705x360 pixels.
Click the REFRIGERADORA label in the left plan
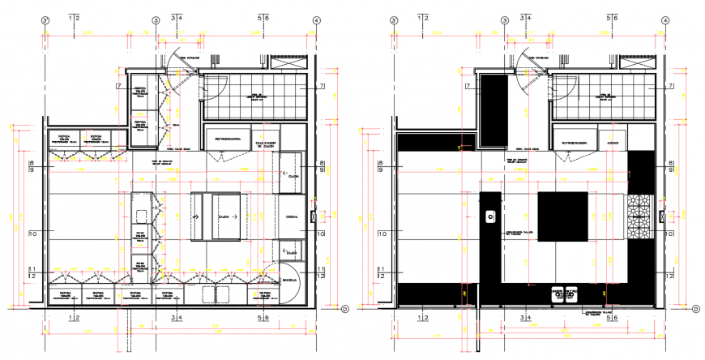(x=229, y=139)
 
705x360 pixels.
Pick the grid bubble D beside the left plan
(x=344, y=308)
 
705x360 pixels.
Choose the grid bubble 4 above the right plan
(x=664, y=21)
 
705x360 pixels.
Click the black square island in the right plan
(x=562, y=217)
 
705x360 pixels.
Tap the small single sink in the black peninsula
(x=490, y=216)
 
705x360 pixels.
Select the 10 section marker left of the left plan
(x=33, y=234)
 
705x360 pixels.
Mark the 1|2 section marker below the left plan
(x=73, y=319)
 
